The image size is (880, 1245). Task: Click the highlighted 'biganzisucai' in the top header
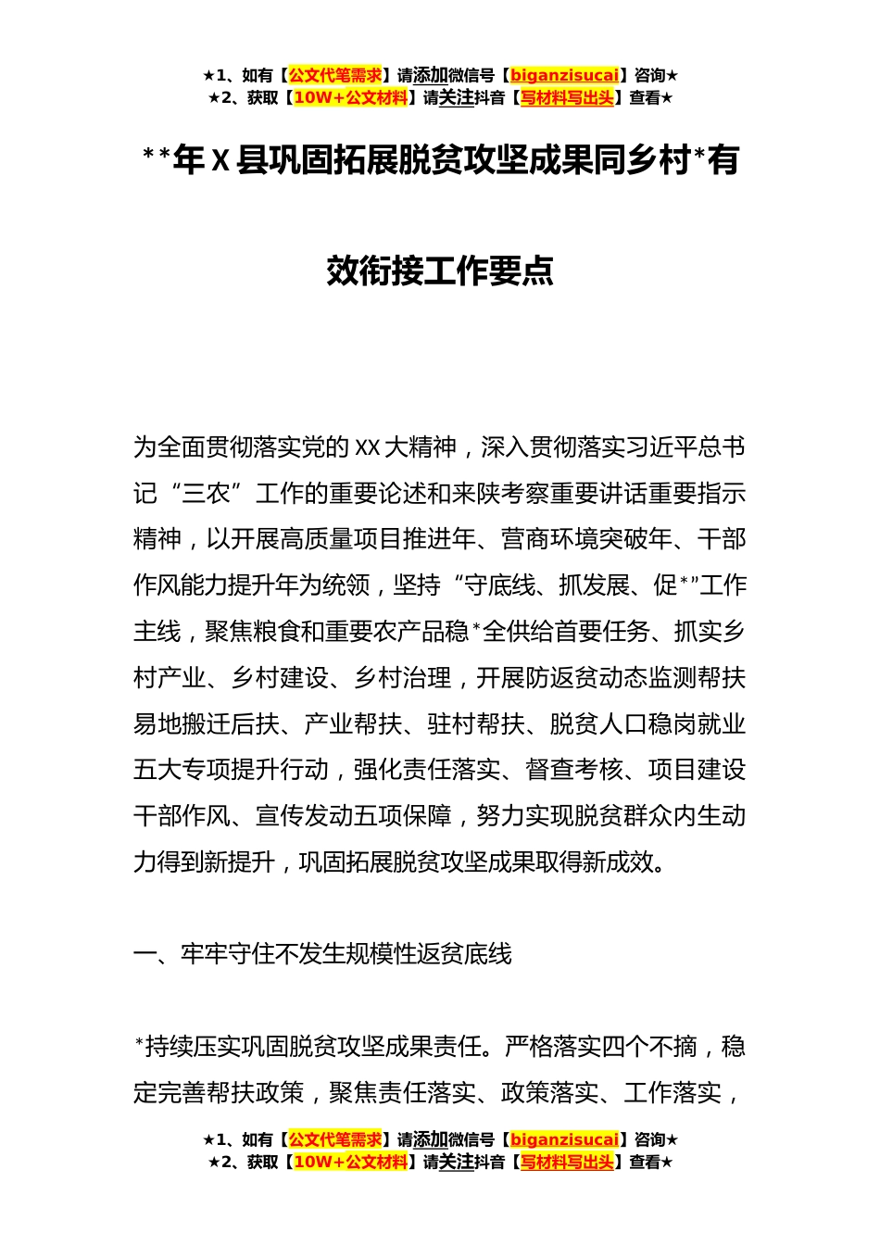click(x=564, y=75)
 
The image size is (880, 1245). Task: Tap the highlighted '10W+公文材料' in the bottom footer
click(x=350, y=1162)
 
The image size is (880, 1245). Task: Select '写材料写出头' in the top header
click(x=566, y=97)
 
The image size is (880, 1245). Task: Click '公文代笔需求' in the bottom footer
click(x=335, y=1139)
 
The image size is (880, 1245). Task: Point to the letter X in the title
click(x=220, y=161)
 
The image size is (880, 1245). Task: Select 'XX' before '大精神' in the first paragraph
click(x=368, y=447)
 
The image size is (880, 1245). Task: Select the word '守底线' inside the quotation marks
click(x=500, y=585)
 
